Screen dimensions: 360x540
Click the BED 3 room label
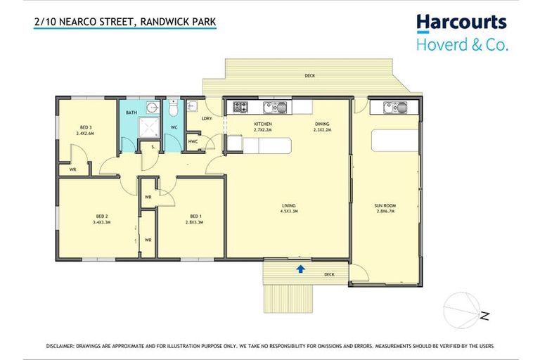[85, 129]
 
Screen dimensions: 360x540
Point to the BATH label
[131, 112]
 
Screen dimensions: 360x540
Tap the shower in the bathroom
[148, 127]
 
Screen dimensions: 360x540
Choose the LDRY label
[207, 118]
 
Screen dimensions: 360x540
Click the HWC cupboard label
[193, 141]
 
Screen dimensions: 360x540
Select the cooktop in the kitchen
[240, 108]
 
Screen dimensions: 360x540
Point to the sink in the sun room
[394, 108]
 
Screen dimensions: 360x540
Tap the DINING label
[322, 127]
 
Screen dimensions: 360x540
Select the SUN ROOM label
[387, 207]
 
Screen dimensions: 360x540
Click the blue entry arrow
[301, 268]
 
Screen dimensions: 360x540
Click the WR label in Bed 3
[72, 169]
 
